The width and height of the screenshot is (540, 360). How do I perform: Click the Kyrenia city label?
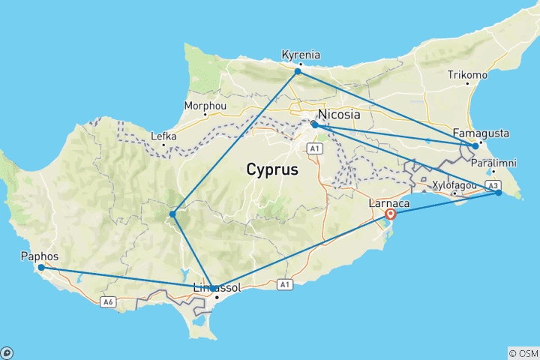click(x=300, y=55)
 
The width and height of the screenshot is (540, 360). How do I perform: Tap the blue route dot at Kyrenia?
click(x=298, y=72)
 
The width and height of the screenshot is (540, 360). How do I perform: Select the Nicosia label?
click(x=339, y=115)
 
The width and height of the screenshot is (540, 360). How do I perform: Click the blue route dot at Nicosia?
click(x=313, y=124)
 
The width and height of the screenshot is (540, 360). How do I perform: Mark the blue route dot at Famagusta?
click(x=475, y=146)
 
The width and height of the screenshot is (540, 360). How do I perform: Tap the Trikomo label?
click(x=467, y=75)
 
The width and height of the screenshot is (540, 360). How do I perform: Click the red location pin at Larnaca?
click(x=390, y=214)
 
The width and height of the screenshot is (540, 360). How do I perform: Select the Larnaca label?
click(x=388, y=202)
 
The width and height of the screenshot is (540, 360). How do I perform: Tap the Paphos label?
click(x=37, y=256)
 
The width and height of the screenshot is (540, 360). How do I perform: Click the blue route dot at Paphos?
click(x=41, y=268)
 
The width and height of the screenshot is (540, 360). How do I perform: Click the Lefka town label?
click(x=163, y=136)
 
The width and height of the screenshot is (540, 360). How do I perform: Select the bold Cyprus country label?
click(x=272, y=169)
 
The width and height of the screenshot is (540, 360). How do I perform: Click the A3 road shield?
click(x=493, y=184)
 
